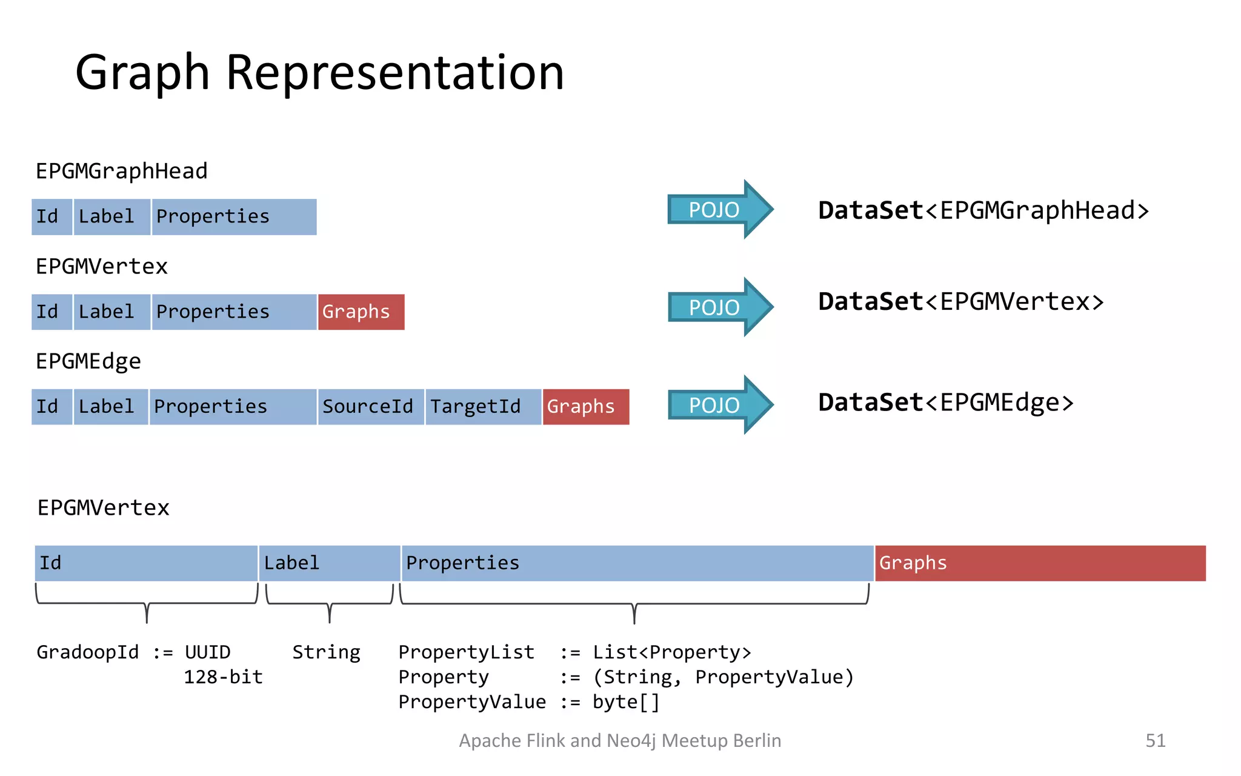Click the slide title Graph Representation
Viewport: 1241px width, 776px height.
click(x=319, y=73)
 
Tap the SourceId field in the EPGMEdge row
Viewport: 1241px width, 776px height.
click(x=370, y=407)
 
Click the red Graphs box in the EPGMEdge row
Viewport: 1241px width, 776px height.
click(x=585, y=407)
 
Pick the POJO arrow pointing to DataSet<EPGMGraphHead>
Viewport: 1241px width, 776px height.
click(x=719, y=210)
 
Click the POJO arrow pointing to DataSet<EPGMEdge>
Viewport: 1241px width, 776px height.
click(x=719, y=405)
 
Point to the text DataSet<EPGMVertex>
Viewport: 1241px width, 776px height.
click(x=960, y=302)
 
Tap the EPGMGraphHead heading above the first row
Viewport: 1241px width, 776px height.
click(x=121, y=172)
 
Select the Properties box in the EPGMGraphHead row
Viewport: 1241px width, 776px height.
click(x=233, y=217)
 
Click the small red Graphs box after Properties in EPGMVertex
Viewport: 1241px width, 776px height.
click(x=361, y=312)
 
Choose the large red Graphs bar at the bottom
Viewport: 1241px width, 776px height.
click(x=1040, y=563)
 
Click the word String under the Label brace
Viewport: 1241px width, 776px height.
click(x=326, y=652)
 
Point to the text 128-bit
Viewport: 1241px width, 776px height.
click(x=223, y=677)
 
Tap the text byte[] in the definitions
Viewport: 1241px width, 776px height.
click(x=625, y=702)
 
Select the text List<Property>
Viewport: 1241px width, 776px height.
click(x=671, y=652)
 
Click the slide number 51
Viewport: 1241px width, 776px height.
click(x=1155, y=740)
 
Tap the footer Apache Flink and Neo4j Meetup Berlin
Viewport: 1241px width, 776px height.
click(x=619, y=740)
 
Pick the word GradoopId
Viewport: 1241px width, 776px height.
click(x=88, y=652)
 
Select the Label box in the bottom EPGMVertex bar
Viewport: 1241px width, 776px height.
click(x=329, y=563)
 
